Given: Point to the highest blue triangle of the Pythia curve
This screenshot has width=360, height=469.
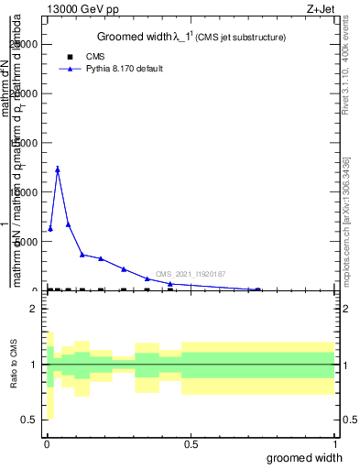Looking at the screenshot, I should (x=58, y=169).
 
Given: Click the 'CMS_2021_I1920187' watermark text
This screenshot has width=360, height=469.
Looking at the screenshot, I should (x=191, y=274).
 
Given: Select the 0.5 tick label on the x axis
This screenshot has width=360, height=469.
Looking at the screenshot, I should (x=191, y=444).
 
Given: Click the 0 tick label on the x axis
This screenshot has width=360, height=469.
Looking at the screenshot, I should (x=47, y=444).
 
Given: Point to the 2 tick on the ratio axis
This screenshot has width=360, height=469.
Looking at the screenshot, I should (x=35, y=309).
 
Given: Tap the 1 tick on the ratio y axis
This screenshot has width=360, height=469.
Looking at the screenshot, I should (x=35, y=365).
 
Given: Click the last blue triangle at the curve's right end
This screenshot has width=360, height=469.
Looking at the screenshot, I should (x=257, y=289).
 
